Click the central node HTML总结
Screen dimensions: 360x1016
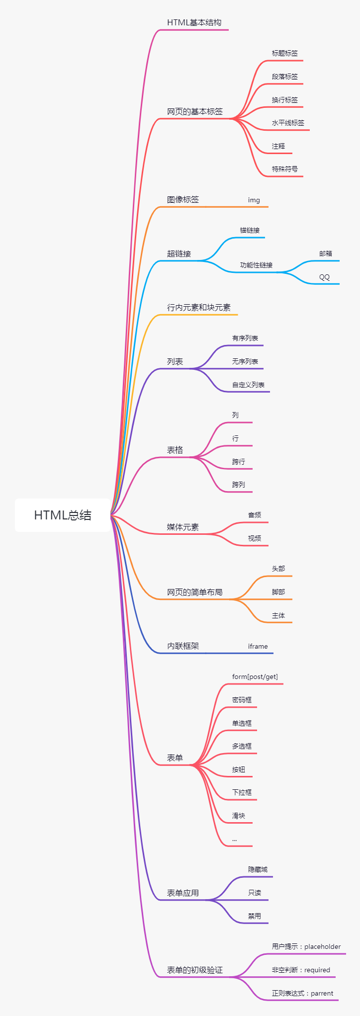63,515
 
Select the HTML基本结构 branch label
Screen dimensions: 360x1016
194,22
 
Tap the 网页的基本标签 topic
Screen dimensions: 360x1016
194,111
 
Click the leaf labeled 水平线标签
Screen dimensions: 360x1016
288,123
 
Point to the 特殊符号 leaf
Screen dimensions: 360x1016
284,169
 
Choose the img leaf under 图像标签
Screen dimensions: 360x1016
254,200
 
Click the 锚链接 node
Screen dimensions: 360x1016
250,230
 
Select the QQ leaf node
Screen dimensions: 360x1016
324,277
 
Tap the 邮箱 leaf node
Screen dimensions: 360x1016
325,254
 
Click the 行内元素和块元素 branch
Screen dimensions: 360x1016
198,307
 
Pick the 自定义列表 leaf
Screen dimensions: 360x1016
248,385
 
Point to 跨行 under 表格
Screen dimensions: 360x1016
238,462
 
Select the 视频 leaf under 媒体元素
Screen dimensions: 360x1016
254,538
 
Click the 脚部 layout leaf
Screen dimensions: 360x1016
278,592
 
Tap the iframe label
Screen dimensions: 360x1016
258,646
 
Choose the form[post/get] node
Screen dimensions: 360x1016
255,677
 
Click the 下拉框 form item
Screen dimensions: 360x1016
242,792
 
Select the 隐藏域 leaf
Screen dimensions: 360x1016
258,869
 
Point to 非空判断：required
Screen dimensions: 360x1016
300,970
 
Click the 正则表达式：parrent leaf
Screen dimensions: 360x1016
302,993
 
